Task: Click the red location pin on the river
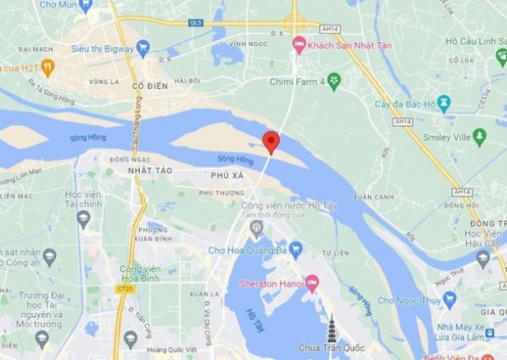coord(271,142)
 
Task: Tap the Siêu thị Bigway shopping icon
coord(143,48)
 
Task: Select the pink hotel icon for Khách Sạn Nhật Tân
coord(299,44)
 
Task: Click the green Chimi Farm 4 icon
coord(333,81)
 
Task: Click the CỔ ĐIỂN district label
coord(149,87)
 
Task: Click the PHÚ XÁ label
coord(226,176)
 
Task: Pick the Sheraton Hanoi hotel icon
coord(312,283)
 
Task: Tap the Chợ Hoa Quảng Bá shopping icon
coord(295,250)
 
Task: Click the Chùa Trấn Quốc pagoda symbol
coord(331,329)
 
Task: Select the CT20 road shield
coord(124,287)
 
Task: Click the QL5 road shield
coord(195,23)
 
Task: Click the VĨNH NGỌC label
coord(247,43)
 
